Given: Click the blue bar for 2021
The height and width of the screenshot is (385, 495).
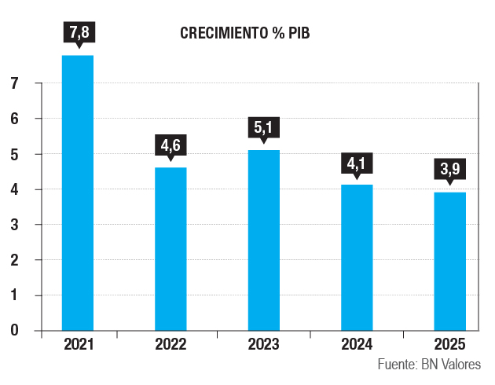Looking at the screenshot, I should pos(78,192).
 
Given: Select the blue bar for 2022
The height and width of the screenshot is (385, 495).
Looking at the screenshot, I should pos(170,248).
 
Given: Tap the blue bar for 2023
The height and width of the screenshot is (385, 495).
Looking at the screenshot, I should pos(263,240).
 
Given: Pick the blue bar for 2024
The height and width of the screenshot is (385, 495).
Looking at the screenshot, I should pos(357,257).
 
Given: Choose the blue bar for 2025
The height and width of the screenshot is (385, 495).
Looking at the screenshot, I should pos(450,261).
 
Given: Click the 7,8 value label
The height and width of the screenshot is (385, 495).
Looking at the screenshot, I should pos(78,33).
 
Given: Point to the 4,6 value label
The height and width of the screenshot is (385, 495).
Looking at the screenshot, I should pos(170,145).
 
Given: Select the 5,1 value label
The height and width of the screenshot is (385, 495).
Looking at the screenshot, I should pos(263,127).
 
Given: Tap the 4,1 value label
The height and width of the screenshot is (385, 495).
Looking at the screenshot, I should pos(357,163).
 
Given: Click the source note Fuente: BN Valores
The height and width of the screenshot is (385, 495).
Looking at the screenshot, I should pos(428,365).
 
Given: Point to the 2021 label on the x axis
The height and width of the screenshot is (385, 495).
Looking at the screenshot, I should pos(78,344).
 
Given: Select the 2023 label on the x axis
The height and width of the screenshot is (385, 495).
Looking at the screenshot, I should pos(263,344).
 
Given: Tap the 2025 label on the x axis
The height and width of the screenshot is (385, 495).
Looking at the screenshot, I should pos(450,344).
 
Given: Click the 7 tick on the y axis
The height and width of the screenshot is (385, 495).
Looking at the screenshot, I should pos(15,83).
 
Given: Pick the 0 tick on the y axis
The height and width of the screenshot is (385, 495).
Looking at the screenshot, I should pos(15,330).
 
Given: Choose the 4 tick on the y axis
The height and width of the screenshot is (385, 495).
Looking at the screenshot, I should pos(15,189).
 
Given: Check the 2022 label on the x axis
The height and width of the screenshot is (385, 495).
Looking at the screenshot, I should pos(170,344).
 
